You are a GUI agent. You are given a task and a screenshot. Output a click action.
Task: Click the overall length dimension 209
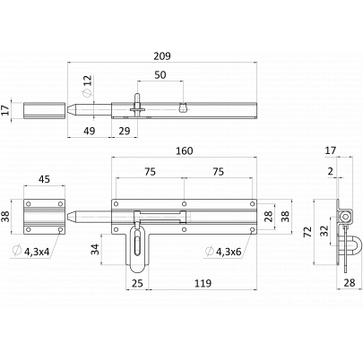[162, 56]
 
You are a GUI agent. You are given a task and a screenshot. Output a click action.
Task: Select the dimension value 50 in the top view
[160, 74]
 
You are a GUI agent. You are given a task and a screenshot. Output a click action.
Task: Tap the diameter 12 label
[87, 86]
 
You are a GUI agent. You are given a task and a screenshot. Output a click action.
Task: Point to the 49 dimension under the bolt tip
[89, 131]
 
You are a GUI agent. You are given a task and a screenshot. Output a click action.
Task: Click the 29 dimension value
[125, 131]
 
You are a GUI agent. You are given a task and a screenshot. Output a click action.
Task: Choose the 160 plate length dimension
[184, 151]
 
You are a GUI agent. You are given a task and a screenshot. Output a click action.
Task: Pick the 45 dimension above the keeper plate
[44, 179]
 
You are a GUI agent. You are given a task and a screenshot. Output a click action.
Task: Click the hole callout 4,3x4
[37, 252]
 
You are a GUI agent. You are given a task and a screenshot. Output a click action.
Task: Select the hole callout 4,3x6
[229, 252]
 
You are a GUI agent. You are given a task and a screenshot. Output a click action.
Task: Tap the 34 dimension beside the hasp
[95, 249]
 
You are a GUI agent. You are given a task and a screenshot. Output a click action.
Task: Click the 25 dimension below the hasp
[137, 283]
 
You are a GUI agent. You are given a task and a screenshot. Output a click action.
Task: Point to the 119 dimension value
[203, 283]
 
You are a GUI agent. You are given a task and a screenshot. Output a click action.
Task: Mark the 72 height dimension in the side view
[308, 232]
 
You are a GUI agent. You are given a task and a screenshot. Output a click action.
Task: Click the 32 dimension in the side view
[324, 230]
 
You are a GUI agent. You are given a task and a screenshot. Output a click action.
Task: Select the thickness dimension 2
[331, 171]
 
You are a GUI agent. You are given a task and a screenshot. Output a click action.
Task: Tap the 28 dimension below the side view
[350, 283]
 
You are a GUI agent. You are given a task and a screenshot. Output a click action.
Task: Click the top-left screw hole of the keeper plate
[29, 204]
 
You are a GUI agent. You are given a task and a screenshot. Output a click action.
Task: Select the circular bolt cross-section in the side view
[346, 216]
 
